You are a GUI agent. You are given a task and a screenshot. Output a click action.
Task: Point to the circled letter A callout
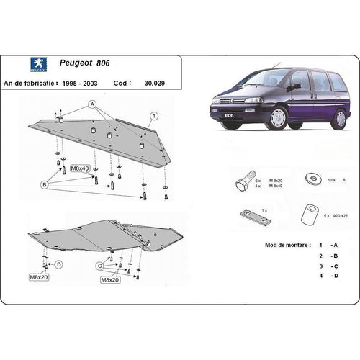click(x=91, y=104)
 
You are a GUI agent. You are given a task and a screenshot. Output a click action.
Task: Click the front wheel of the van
click(x=275, y=117)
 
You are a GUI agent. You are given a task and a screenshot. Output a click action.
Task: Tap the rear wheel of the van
click(x=338, y=117)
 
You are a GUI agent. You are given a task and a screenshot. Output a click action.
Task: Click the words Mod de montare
click(x=268, y=246)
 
